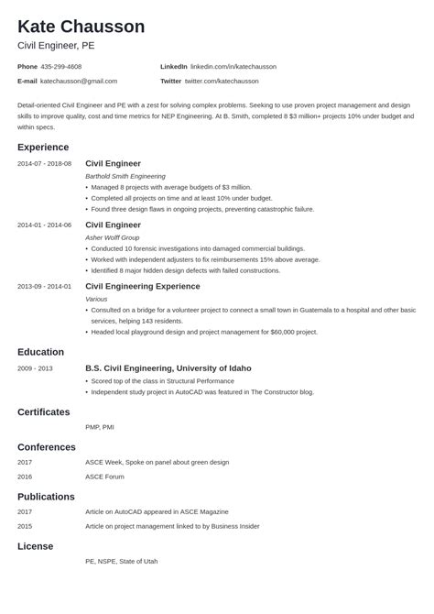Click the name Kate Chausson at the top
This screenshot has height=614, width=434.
[x=81, y=27]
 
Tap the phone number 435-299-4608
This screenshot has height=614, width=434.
[x=61, y=67]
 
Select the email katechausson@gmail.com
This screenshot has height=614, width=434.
[x=81, y=81]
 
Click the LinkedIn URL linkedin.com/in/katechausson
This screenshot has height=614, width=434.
[x=233, y=67]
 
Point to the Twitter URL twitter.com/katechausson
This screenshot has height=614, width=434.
[x=231, y=81]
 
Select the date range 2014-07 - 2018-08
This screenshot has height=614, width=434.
[x=44, y=164]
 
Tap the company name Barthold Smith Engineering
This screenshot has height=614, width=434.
[x=125, y=176]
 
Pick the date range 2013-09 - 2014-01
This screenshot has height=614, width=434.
[x=44, y=286]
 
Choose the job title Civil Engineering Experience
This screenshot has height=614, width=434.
[x=149, y=286]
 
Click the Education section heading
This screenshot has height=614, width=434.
[x=40, y=352]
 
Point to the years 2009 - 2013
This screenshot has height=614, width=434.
[x=35, y=368]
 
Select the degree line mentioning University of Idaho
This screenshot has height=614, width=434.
[x=168, y=368]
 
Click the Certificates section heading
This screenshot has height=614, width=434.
[x=46, y=411]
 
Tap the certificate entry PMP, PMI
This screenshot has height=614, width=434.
[x=100, y=427]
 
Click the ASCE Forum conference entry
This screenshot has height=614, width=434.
[x=105, y=477]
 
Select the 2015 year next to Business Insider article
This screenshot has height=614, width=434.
[x=26, y=527]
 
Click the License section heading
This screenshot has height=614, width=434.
[x=36, y=546]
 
